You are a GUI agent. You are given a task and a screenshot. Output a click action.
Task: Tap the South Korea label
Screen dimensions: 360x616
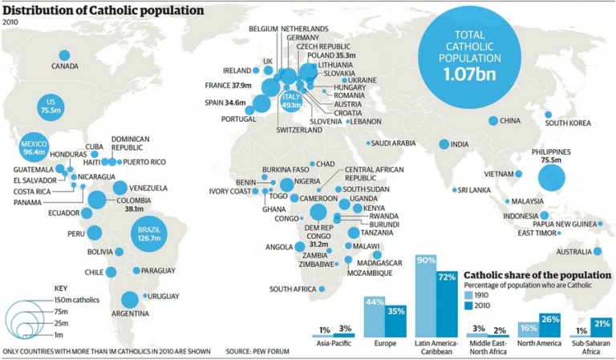point(568,123)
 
